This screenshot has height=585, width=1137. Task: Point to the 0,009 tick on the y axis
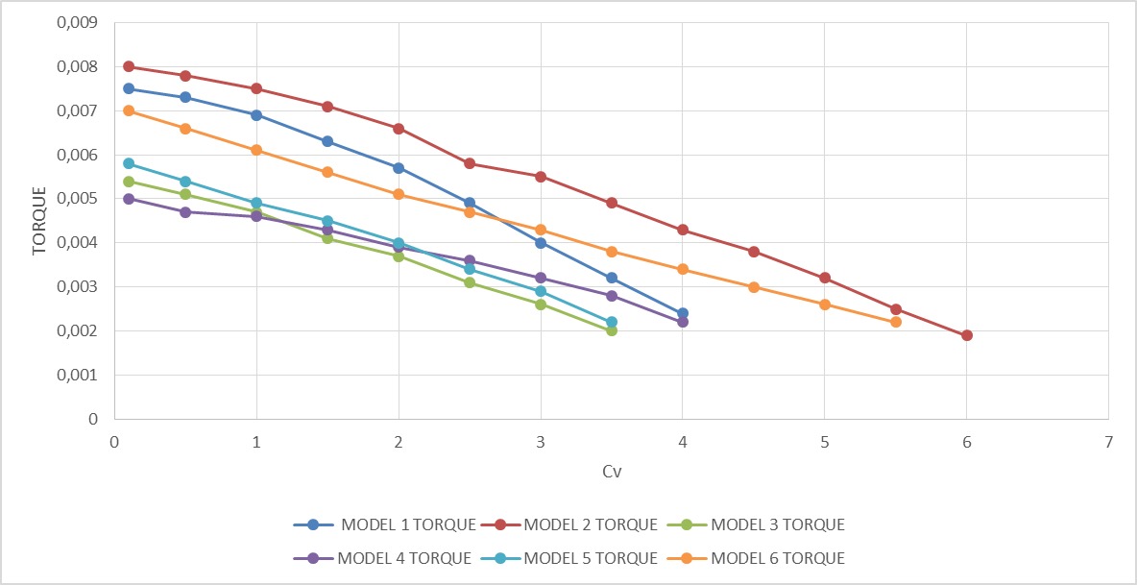[79, 23]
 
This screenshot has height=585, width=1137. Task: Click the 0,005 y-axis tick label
[79, 199]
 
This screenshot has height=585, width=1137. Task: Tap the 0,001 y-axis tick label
[79, 376]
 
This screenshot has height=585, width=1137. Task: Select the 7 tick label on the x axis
[1108, 442]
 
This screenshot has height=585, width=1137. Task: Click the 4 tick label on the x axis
[682, 442]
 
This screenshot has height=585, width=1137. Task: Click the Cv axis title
[612, 472]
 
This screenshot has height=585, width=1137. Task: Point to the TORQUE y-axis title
[38, 221]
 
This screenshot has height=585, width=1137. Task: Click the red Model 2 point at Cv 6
[967, 335]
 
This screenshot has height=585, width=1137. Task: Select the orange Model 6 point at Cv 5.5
[896, 322]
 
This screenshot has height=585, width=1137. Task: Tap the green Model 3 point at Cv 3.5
[612, 330]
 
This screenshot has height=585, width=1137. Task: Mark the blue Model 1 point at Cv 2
[399, 168]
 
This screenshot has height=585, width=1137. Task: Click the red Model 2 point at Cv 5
[825, 278]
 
